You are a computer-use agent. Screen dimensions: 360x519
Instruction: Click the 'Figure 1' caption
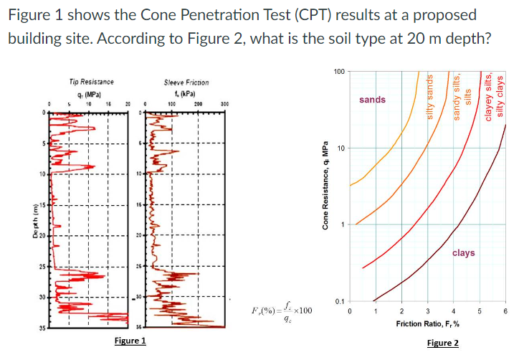pyautogui.click(x=130, y=340)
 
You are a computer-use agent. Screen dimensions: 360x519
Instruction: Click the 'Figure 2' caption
pyautogui.click(x=442, y=343)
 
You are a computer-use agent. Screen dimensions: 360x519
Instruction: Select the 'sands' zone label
pyautogui.click(x=371, y=100)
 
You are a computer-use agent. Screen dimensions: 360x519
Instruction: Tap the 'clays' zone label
pyautogui.click(x=463, y=252)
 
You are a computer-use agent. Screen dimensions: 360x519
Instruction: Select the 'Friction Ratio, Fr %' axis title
pyautogui.click(x=427, y=324)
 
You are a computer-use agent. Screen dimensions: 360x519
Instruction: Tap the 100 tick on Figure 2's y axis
pyautogui.click(x=339, y=72)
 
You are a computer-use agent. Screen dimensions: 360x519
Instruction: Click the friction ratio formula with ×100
pyautogui.click(x=282, y=311)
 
